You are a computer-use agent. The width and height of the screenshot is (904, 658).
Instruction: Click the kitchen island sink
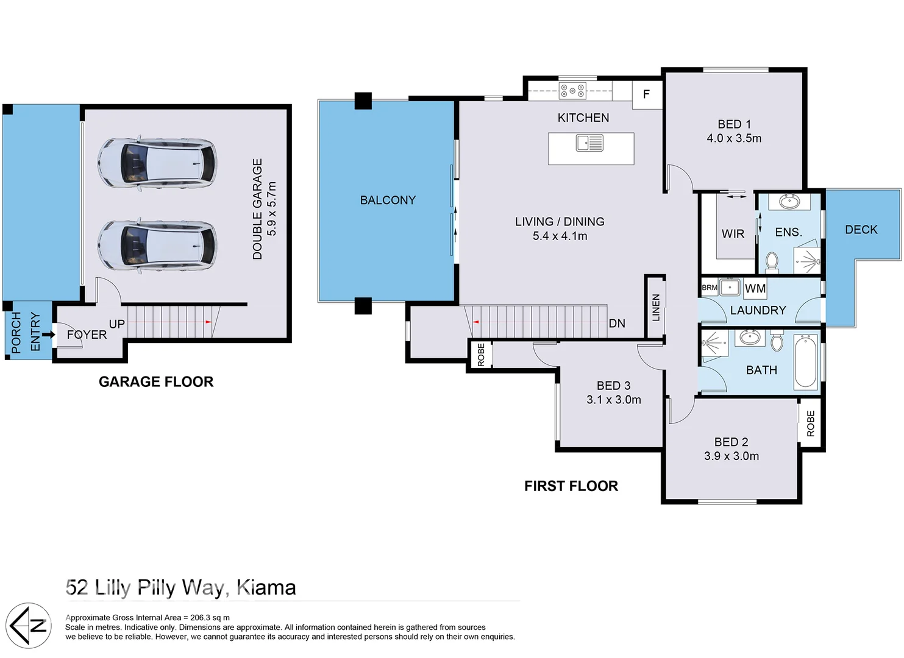(x=589, y=143)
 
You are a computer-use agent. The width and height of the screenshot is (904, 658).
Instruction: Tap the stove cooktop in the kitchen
(x=572, y=91)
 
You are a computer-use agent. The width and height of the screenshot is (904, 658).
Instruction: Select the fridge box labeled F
(x=646, y=94)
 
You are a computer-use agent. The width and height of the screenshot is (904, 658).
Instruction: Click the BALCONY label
(x=388, y=200)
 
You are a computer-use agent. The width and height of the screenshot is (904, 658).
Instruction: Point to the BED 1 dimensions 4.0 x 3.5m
(x=734, y=138)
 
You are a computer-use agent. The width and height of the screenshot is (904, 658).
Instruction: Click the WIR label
(x=733, y=234)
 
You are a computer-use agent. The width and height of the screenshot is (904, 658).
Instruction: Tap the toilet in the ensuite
(x=772, y=261)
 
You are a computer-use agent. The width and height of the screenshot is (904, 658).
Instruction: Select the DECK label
(x=861, y=230)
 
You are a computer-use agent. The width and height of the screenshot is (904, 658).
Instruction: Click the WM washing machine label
(x=755, y=288)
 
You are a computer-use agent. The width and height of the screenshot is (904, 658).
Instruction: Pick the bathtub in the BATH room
(x=805, y=362)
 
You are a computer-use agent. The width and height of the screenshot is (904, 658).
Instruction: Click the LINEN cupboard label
(x=656, y=308)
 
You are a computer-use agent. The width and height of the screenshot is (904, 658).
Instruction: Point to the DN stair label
(x=617, y=324)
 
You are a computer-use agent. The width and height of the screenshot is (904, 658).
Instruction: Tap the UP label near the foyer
(x=116, y=324)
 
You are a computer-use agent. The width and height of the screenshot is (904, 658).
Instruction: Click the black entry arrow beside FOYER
(x=48, y=334)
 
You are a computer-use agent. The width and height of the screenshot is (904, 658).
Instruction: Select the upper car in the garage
(x=157, y=163)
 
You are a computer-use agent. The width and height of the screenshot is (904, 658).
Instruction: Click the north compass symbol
(x=29, y=625)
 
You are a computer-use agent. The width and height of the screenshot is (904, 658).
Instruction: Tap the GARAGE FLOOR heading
(x=156, y=382)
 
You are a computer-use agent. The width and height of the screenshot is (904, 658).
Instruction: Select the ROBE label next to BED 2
(x=810, y=423)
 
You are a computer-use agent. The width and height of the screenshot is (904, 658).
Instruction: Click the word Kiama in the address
(x=266, y=587)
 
